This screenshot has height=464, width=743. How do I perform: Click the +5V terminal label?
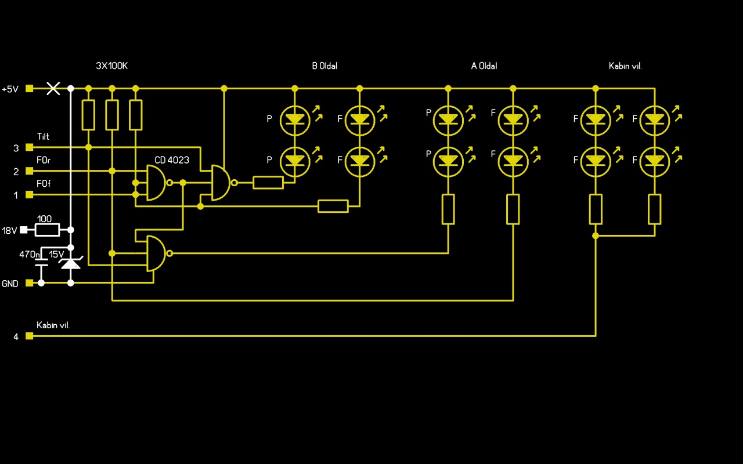point(10,89)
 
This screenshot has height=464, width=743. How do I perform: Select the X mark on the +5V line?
point(53,88)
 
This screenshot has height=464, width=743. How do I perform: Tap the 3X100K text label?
point(111,66)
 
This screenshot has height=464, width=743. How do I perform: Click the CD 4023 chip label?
point(172,160)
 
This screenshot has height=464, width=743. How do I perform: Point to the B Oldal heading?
point(324,66)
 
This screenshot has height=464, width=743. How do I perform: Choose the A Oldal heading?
point(484,66)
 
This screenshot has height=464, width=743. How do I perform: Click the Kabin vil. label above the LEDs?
point(625,66)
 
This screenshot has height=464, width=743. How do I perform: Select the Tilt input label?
point(43,137)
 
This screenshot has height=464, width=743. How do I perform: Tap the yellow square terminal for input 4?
point(29,336)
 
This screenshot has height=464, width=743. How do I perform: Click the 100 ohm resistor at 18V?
point(47,230)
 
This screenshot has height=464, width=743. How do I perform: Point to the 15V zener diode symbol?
point(71,264)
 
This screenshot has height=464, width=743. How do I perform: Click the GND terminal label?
point(10,284)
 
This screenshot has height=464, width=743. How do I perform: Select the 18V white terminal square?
point(24,230)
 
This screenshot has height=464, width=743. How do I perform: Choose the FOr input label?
point(44,160)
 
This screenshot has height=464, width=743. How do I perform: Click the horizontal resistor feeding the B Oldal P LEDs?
point(268,183)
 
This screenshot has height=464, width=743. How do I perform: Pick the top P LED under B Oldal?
point(295,119)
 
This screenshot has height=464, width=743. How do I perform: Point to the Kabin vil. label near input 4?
point(53,325)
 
